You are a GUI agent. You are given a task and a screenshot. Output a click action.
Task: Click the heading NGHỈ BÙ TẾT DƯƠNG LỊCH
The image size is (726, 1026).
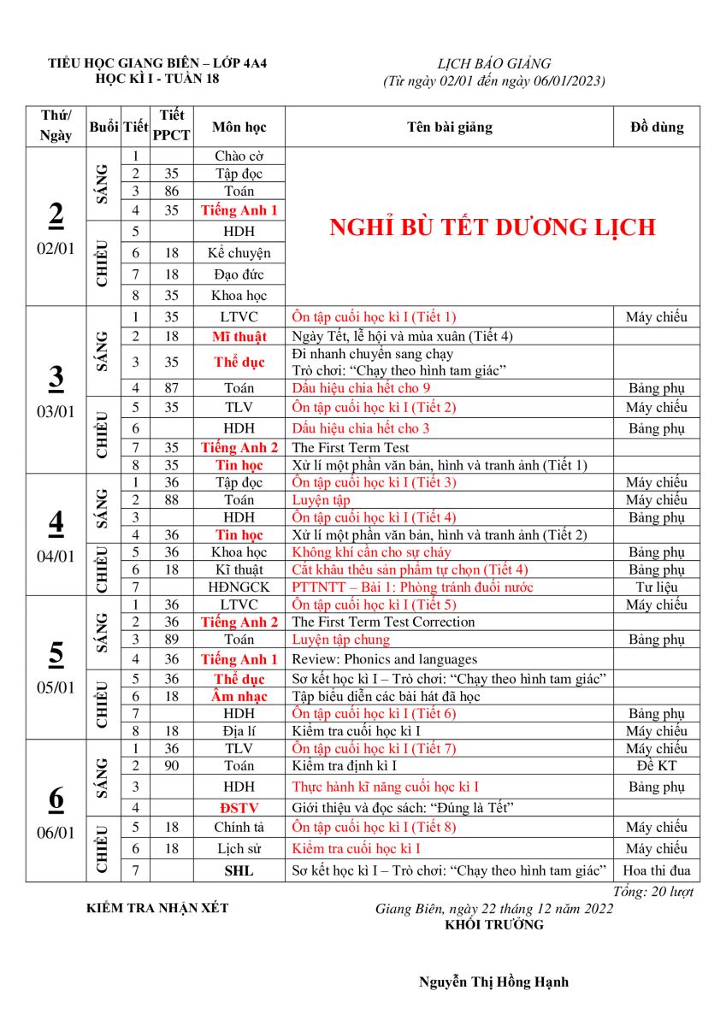pos(493,227)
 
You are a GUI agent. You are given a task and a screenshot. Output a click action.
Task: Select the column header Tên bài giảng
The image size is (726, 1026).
pos(450,127)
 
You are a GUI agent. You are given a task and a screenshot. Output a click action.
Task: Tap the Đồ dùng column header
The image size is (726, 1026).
pos(657,127)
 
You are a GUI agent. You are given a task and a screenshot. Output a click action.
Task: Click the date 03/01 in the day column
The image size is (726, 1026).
pos(56,411)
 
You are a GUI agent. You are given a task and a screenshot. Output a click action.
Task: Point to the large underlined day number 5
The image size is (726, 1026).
pos(56,653)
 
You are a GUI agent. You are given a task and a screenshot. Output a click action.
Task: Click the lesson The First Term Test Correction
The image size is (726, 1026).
pos(383,622)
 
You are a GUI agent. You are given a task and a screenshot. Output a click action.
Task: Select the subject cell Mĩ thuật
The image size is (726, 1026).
pos(239,337)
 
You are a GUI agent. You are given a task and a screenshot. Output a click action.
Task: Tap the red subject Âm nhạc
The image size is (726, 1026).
pos(239,697)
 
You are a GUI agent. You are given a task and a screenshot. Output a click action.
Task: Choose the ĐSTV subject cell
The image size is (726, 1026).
pos(239,807)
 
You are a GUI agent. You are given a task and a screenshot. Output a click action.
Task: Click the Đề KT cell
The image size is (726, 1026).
pos(657,766)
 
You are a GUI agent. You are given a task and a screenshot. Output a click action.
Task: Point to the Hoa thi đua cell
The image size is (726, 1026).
pos(657,871)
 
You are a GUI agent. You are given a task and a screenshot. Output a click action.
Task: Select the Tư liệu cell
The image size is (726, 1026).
pos(657,587)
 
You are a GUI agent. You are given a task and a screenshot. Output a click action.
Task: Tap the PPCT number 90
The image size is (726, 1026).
pos(171,766)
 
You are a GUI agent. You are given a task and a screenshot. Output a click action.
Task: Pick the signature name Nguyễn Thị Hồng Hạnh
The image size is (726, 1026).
pos(493,982)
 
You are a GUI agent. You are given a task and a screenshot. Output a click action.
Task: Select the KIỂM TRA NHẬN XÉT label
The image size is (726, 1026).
pos(158,908)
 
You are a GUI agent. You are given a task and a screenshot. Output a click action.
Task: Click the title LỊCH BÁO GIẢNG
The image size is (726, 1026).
pos(494,64)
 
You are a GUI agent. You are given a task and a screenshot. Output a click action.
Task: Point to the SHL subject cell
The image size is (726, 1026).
pos(239,871)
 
